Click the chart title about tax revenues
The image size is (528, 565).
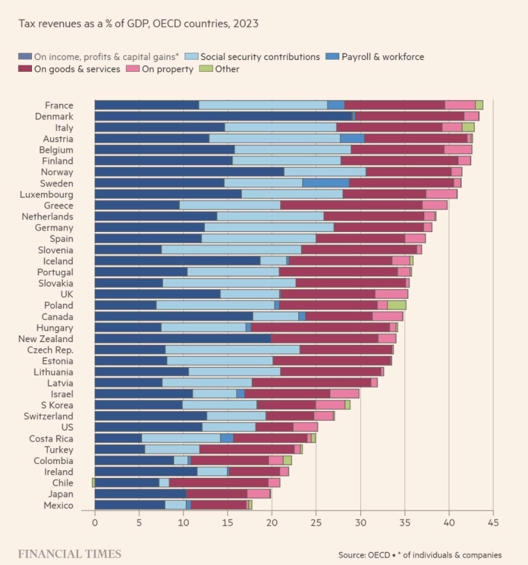click(x=139, y=24)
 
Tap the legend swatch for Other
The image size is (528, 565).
click(x=205, y=69)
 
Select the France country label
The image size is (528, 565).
click(x=59, y=105)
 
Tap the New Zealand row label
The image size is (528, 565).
click(x=46, y=339)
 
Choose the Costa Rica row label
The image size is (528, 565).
click(x=51, y=438)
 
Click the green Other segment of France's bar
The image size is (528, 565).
click(x=479, y=105)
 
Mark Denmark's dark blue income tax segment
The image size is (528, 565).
click(x=223, y=116)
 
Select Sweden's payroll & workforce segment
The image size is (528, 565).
click(x=325, y=183)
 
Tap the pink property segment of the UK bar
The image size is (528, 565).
click(x=391, y=294)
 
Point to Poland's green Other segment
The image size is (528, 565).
click(x=396, y=305)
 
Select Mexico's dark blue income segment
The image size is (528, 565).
click(x=130, y=505)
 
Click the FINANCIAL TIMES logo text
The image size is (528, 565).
click(x=69, y=555)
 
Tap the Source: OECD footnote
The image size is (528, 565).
click(x=419, y=555)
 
